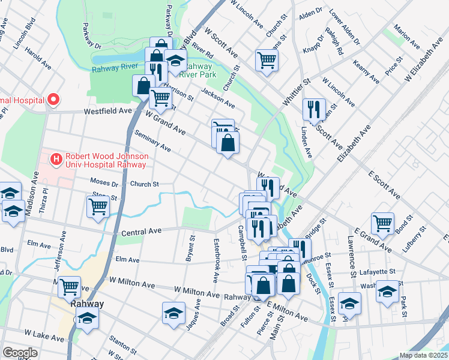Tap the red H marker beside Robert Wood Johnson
point(56,159)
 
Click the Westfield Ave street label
point(108,111)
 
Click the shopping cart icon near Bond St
point(382,223)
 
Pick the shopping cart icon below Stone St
point(98,206)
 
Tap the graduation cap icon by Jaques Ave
point(173,313)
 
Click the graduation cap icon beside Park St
point(387,292)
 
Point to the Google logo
point(20,353)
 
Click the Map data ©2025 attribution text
point(423,355)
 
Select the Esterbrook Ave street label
point(215,261)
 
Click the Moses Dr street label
point(104,181)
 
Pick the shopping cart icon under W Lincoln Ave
point(267,59)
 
